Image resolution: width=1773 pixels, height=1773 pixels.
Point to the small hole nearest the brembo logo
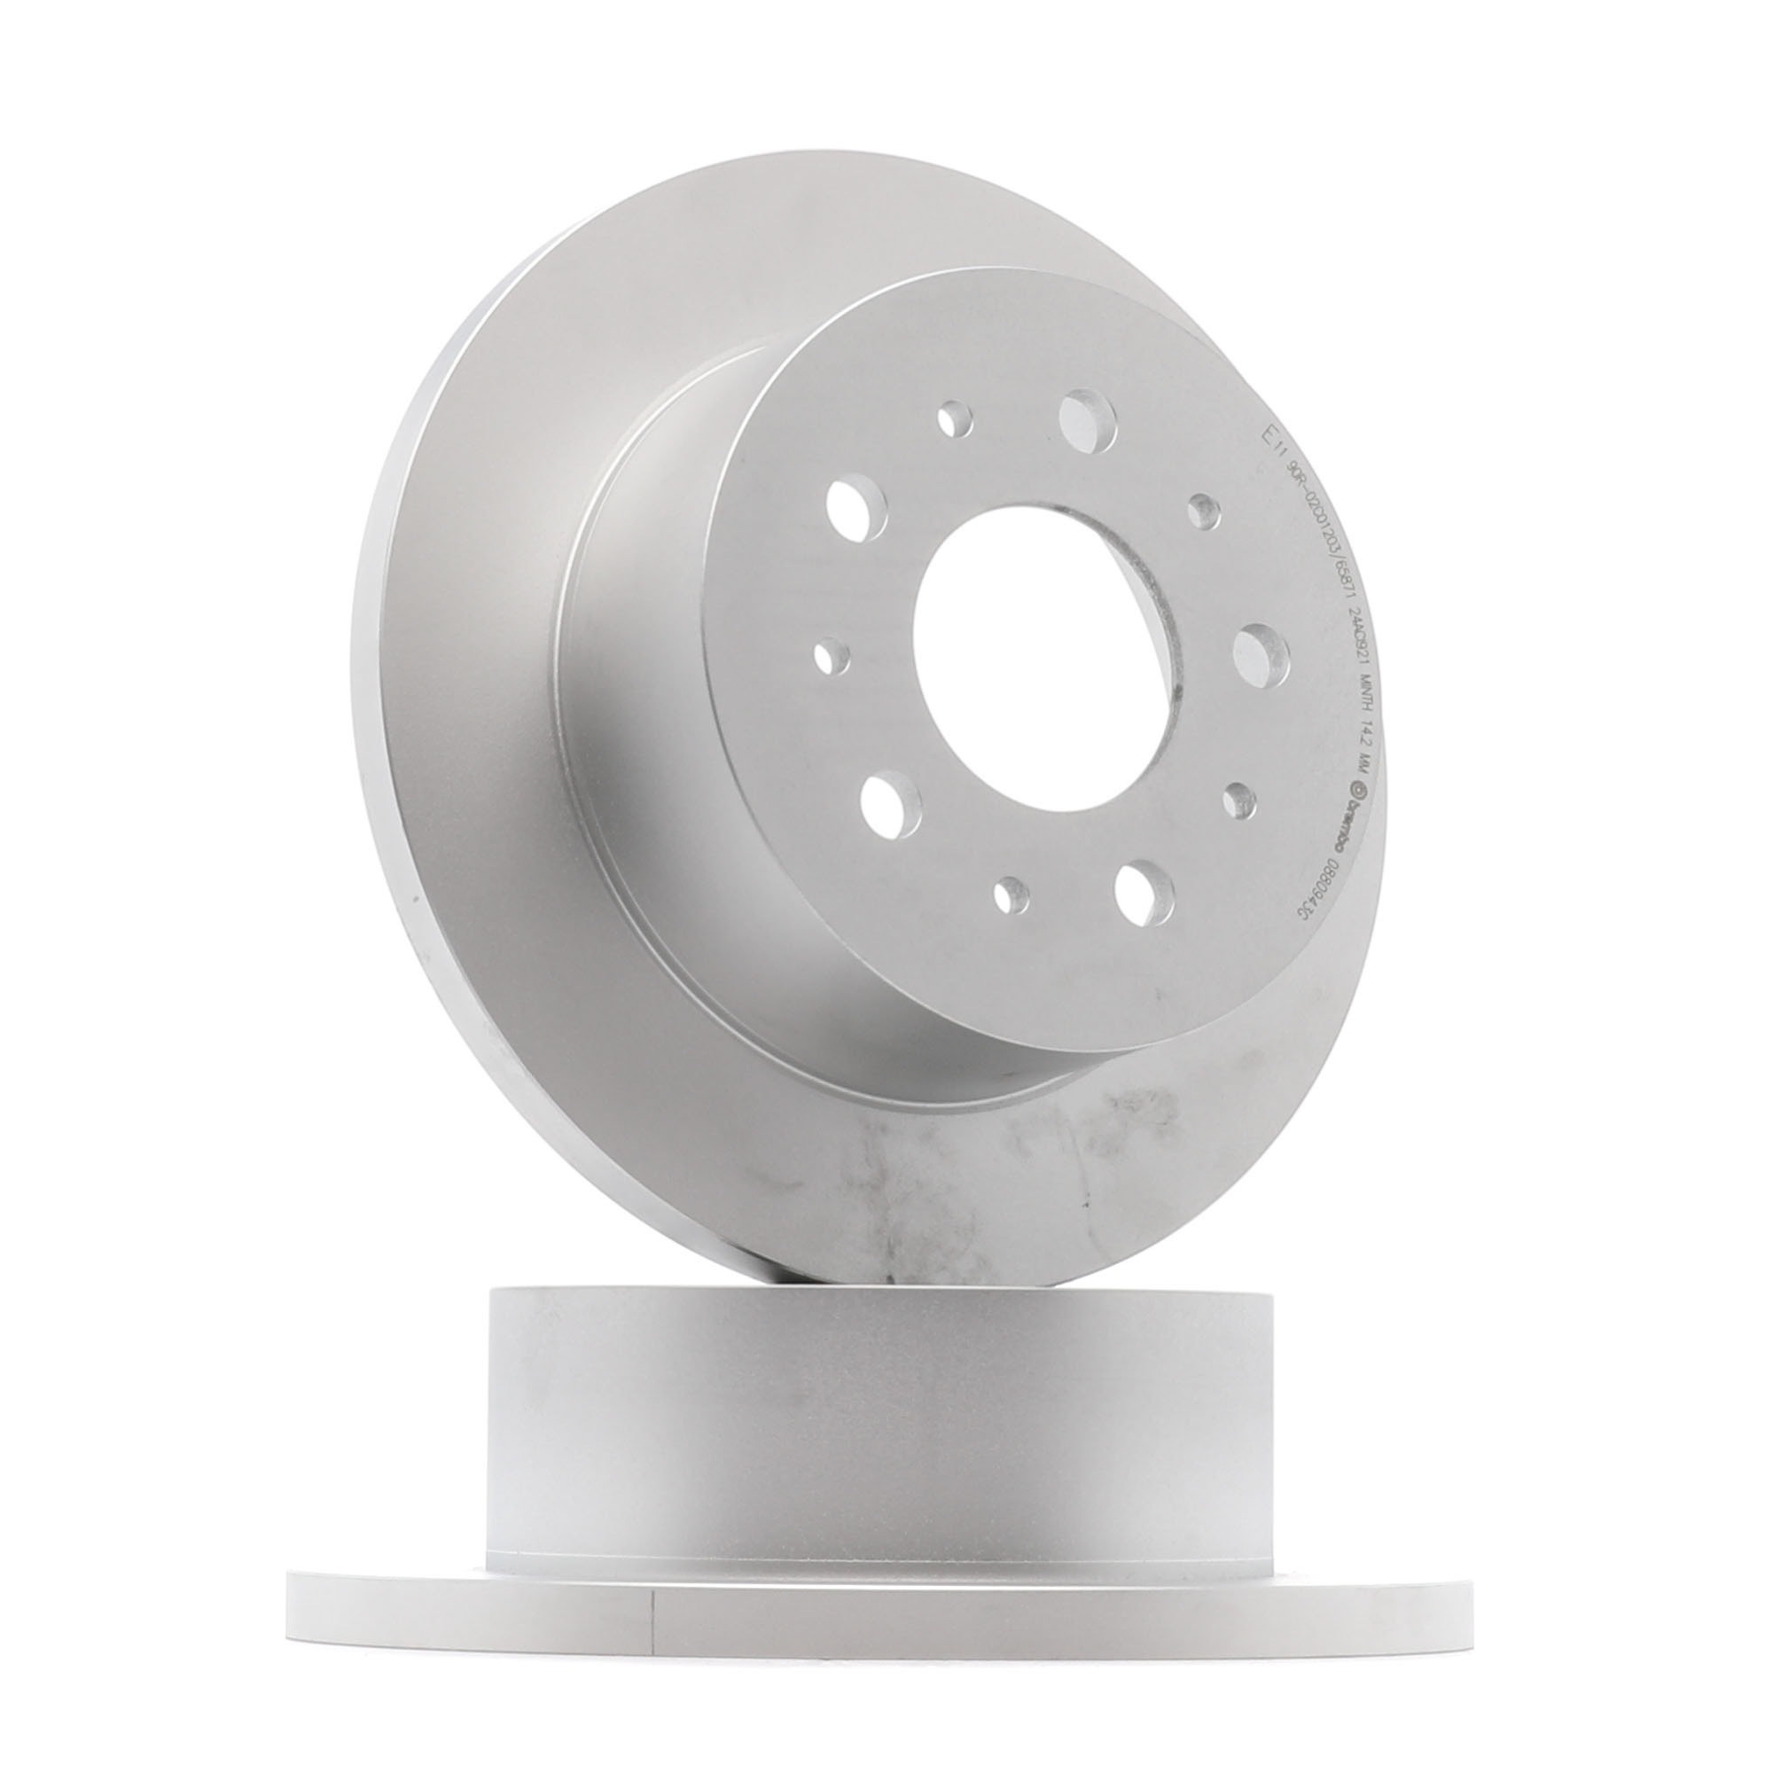point(1240,800)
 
